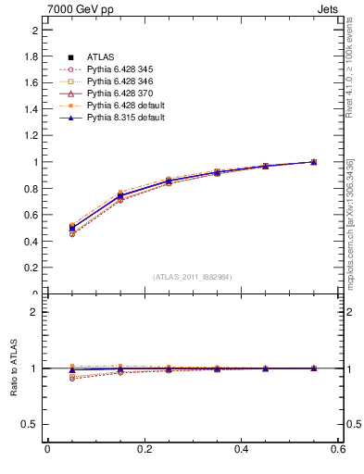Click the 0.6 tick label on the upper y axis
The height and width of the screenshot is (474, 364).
[x=31, y=215]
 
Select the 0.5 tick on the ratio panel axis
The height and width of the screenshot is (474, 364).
[x=30, y=424]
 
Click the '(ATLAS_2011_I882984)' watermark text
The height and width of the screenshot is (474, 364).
[x=193, y=277]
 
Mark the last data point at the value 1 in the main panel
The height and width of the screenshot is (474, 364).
[x=314, y=162]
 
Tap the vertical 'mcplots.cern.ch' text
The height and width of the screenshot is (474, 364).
[x=352, y=222]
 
